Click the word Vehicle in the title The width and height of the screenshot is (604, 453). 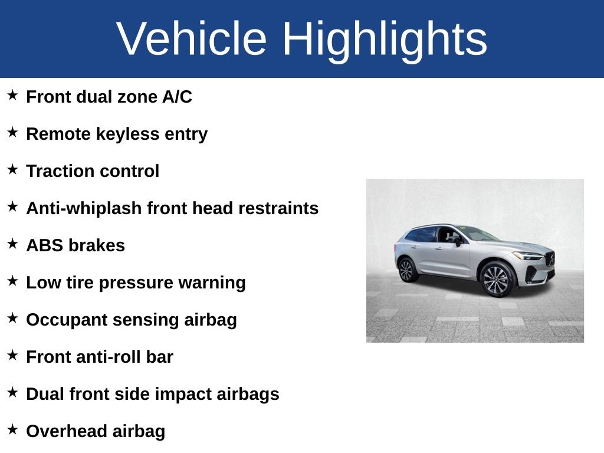(x=192, y=38)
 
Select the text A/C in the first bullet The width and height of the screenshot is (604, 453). (x=177, y=96)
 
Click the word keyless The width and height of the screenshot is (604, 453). (x=127, y=134)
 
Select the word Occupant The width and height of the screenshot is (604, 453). (x=67, y=320)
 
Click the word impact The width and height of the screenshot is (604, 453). (x=183, y=395)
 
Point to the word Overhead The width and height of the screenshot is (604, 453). (x=66, y=431)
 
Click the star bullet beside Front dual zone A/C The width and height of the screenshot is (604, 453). (x=12, y=95)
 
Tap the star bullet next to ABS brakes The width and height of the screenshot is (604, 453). (x=12, y=244)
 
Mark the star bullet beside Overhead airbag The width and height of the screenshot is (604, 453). (x=12, y=429)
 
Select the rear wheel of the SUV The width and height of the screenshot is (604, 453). (x=407, y=270)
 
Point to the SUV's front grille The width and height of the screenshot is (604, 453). (x=550, y=259)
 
